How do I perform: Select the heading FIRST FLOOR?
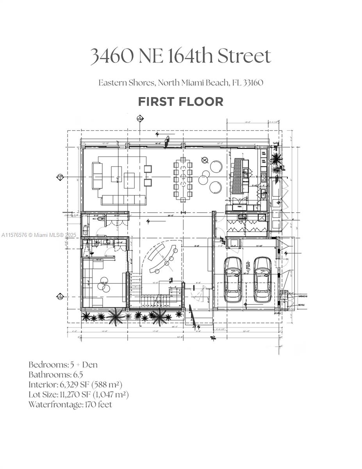tap(180, 102)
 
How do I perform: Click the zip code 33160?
tap(253, 83)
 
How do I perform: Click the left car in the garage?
tap(233, 279)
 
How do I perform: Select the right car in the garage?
tap(262, 279)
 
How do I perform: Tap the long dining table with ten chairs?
tap(183, 179)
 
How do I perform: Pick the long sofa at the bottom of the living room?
tap(123, 200)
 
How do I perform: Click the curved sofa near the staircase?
tap(161, 258)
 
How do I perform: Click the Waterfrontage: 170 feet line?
tap(70, 404)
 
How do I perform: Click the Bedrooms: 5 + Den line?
tap(63, 365)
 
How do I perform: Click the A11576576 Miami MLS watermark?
tap(39, 235)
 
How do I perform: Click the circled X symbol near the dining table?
tap(204, 160)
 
